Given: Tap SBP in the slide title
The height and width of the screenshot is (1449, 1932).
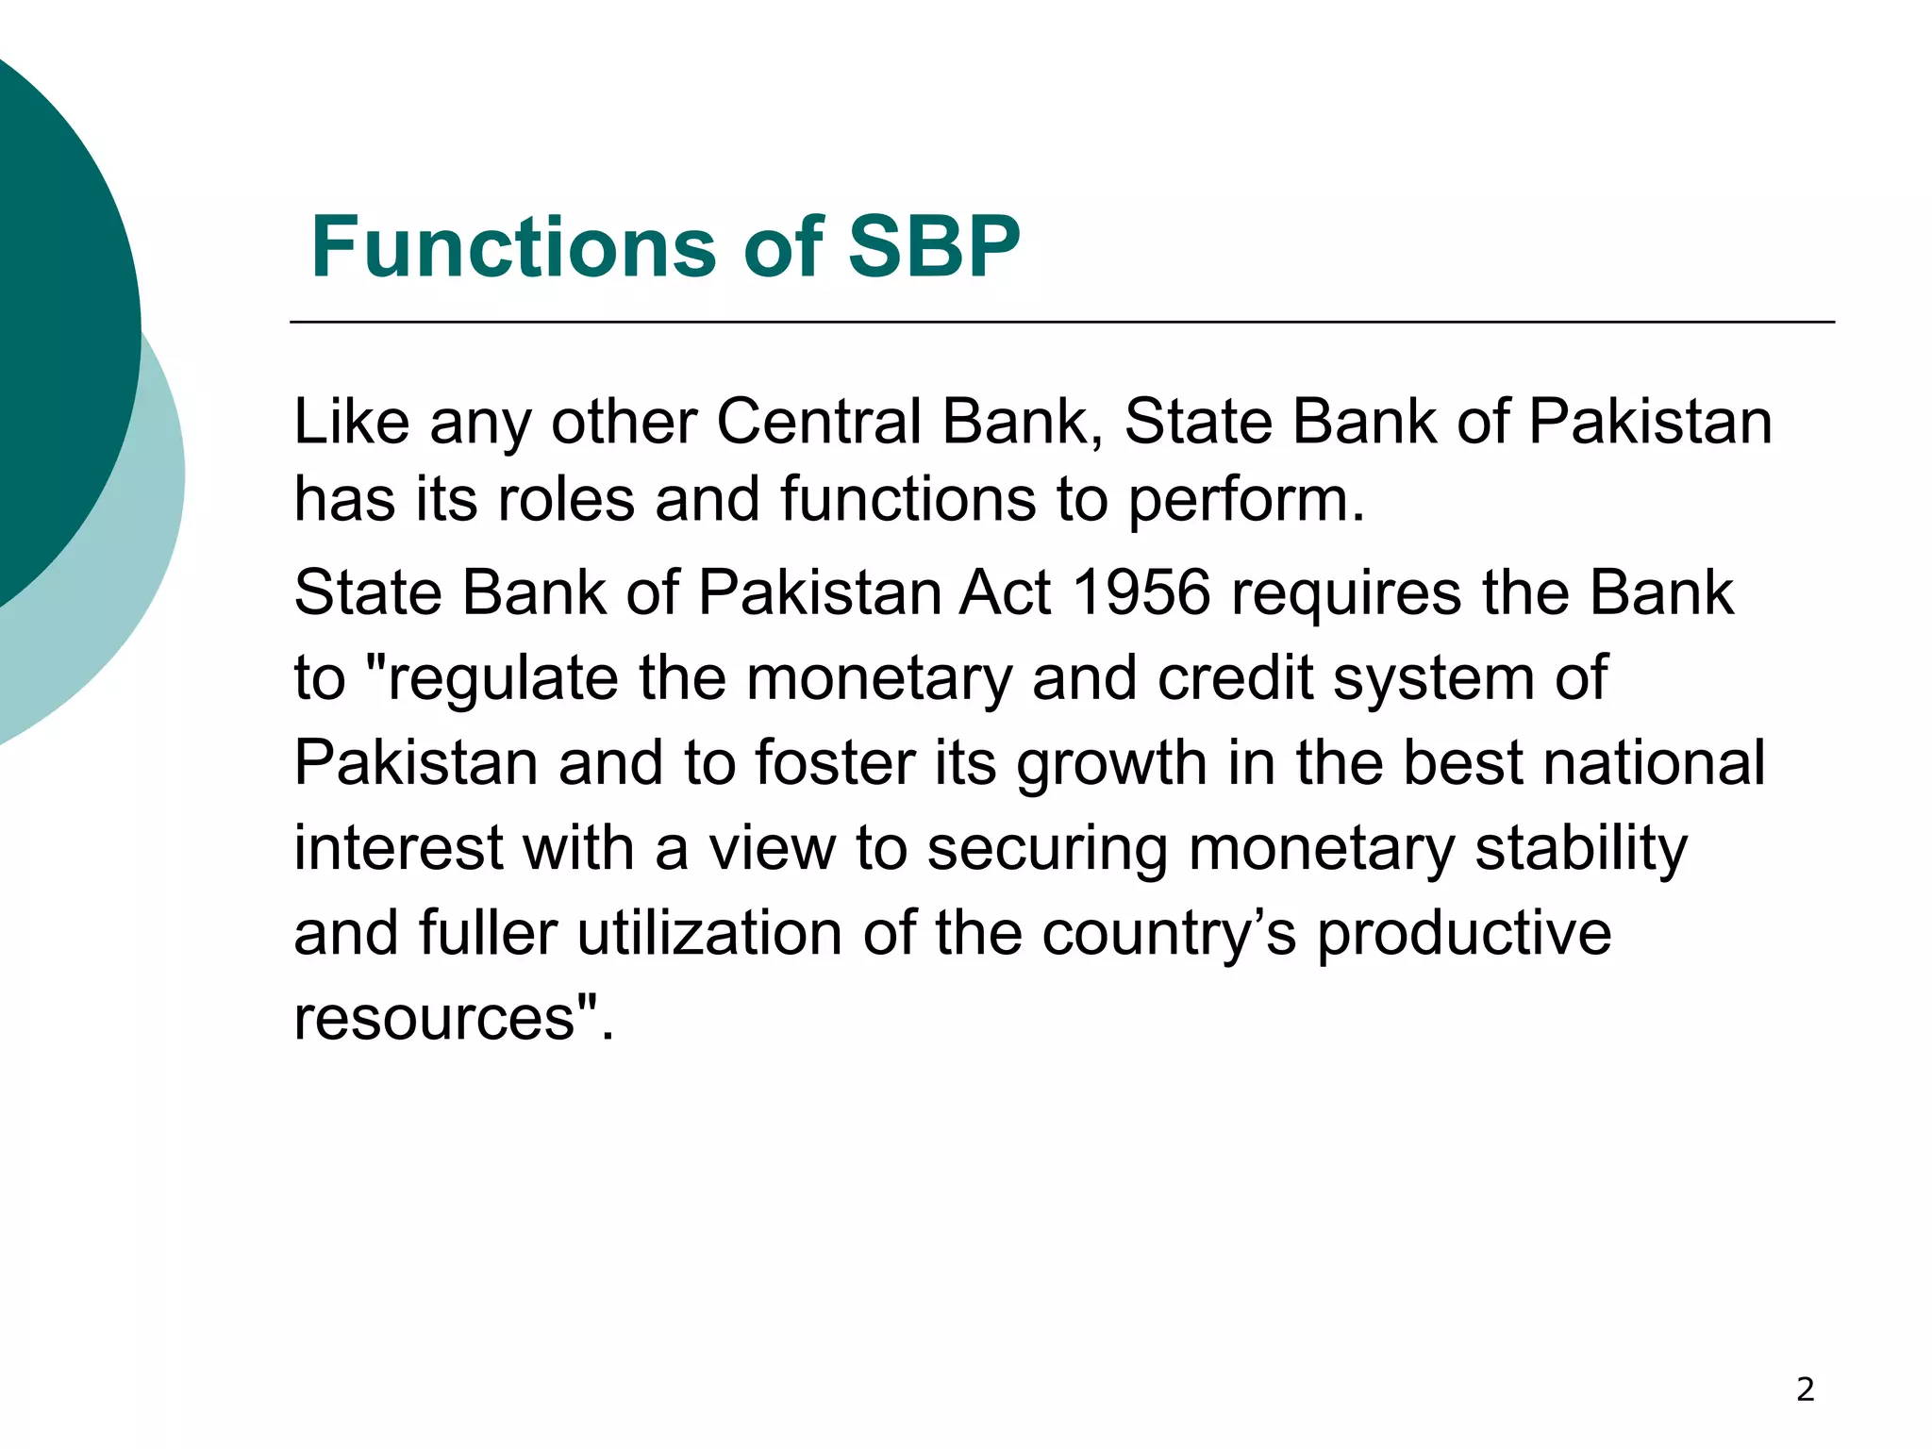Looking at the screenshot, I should point(933,247).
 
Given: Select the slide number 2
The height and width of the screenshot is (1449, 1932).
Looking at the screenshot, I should point(1805,1390).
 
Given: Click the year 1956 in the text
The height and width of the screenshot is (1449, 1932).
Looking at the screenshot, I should point(1141,593).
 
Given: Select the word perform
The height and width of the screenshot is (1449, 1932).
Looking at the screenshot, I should point(1245,500).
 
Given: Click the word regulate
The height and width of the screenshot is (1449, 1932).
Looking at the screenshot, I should point(502,679).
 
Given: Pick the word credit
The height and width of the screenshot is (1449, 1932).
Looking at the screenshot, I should point(1235,678).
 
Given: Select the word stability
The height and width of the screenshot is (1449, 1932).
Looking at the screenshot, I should point(1581,850).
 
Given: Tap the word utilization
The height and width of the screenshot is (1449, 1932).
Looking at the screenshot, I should point(709,934).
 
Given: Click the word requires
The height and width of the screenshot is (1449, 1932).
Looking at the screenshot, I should point(1345,595).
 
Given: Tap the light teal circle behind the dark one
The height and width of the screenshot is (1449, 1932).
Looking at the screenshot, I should point(142,566).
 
